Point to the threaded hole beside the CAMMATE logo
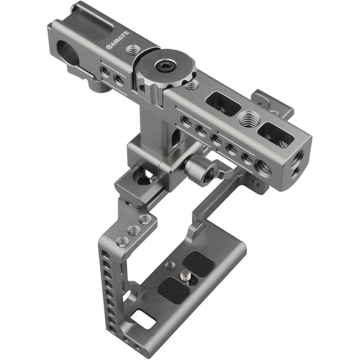tap(134, 49)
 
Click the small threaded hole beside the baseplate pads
tap(170, 266)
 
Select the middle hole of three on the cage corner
tap(134, 230)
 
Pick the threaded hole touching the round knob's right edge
tap(192, 85)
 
